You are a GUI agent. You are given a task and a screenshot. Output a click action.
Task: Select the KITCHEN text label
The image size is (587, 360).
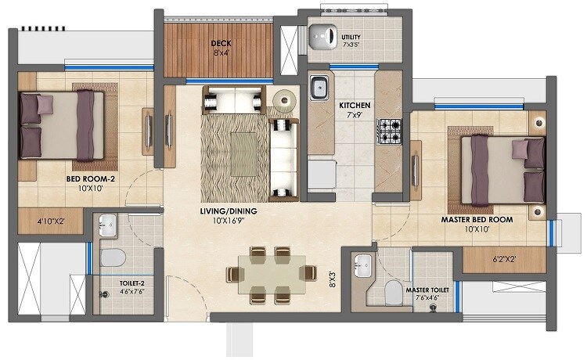click(354, 105)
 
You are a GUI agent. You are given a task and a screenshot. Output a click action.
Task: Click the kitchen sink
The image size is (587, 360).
click(318, 88)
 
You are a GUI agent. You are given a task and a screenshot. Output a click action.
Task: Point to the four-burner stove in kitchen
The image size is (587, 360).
click(389, 131)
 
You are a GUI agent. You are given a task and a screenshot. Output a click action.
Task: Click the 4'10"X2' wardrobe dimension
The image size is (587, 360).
click(51, 221)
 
